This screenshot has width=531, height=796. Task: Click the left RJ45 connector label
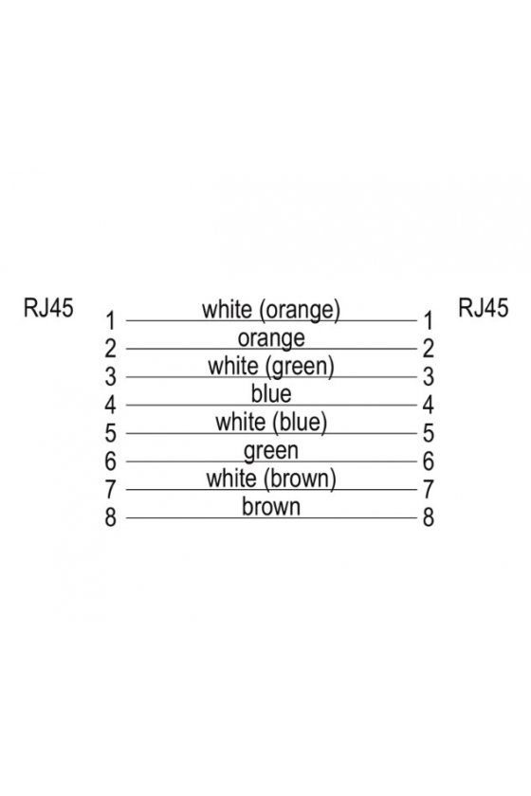coord(48,308)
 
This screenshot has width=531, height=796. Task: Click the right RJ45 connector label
coord(483,308)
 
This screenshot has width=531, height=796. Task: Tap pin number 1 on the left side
coord(110,321)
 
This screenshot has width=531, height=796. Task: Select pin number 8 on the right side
coord(429,517)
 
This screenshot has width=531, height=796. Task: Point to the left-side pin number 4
coord(110,406)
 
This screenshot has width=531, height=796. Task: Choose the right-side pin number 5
coord(429,433)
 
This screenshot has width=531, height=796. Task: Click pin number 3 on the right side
coord(429,377)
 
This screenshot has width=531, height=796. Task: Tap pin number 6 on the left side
coord(110,461)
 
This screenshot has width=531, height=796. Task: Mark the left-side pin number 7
coord(110,489)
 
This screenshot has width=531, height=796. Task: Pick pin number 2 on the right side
coord(429,349)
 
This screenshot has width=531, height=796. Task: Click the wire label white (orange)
coord(271,310)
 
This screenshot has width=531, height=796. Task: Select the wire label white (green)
coord(271,367)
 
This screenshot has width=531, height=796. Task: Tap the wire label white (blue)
coord(271,423)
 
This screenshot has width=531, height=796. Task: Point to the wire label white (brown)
coord(271,479)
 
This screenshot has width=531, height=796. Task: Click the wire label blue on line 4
coord(271,394)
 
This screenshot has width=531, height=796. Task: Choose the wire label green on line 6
coord(271,451)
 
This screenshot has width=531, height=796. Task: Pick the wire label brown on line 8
coord(271,507)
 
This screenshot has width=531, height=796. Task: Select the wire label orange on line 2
coord(271,338)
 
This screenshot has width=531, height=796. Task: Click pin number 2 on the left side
coord(110,349)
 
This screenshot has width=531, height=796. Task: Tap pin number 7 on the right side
coord(429,489)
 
